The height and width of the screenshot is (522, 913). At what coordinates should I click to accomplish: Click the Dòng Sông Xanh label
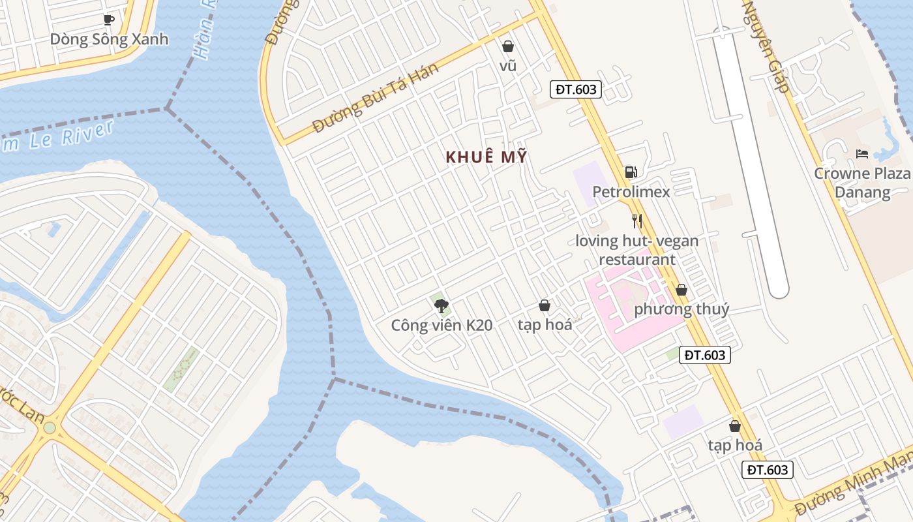109,39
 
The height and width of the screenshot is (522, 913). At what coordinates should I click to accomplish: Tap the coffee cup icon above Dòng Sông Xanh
109,20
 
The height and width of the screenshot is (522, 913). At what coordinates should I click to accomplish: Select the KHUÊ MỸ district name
486,157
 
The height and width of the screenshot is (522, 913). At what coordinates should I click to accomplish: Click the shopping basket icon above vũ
508,46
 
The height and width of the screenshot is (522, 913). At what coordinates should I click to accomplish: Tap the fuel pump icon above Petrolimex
631,172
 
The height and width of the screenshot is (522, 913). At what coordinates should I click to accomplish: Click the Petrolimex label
631,192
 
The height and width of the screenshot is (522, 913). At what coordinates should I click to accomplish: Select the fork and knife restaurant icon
637,221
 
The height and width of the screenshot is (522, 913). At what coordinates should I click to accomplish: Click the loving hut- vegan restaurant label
636,250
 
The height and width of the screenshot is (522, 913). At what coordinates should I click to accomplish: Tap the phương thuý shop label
681,309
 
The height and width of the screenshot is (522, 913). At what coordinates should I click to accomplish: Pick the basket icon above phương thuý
681,290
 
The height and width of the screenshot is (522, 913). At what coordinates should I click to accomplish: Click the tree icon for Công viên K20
442,305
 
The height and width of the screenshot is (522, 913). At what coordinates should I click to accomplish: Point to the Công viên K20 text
442,325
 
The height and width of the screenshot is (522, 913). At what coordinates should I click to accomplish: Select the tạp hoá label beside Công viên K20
545,324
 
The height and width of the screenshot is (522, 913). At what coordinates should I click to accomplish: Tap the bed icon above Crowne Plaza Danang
862,154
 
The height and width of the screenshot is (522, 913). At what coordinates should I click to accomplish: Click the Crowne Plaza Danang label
862,183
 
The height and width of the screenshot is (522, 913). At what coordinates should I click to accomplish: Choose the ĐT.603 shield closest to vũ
575,89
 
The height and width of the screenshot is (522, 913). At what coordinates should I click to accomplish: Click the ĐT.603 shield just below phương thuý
704,355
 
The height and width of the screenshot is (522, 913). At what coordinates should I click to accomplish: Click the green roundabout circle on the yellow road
50,428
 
